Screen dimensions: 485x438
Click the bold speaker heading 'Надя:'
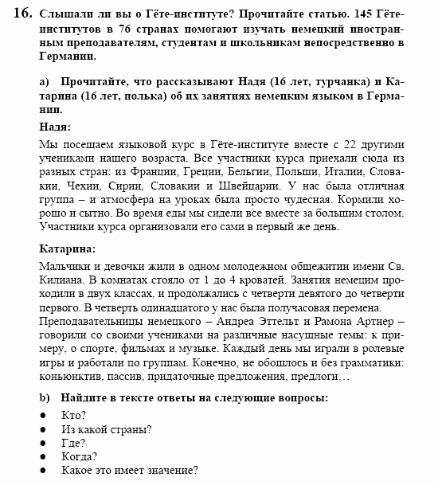point(55,127)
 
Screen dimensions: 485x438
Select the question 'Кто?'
point(73,415)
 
